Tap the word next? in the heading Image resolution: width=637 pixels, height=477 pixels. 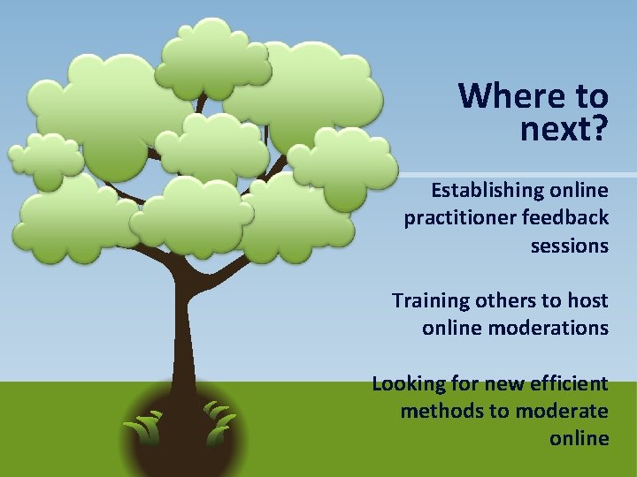point(564,130)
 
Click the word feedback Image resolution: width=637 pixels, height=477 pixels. point(565,217)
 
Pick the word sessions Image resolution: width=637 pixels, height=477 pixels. point(569,246)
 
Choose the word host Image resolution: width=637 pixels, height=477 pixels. point(588,300)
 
